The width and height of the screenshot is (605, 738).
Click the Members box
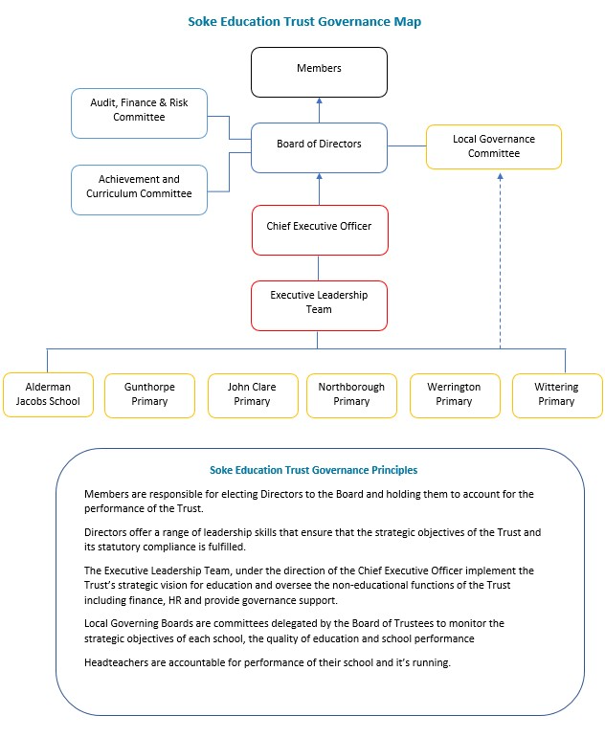[x=319, y=72]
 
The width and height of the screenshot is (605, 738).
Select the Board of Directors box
[x=319, y=147]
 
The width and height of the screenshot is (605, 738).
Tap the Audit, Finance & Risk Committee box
[x=140, y=114]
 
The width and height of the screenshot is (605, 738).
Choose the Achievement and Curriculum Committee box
[x=140, y=190]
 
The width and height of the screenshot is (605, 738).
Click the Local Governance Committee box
[x=494, y=146]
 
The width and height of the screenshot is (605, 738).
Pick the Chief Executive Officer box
[x=320, y=230]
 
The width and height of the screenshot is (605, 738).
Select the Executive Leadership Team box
[x=319, y=306]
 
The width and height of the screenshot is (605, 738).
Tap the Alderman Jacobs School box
[x=48, y=395]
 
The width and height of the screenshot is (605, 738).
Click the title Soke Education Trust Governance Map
[x=304, y=22]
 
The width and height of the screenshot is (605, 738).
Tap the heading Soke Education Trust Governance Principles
[x=314, y=470]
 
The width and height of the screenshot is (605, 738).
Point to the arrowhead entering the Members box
[x=319, y=101]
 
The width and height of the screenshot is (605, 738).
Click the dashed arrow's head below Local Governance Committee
[x=500, y=176]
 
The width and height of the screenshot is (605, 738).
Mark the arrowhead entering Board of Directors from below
[x=319, y=176]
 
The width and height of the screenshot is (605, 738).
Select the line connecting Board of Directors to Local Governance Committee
[x=407, y=145]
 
